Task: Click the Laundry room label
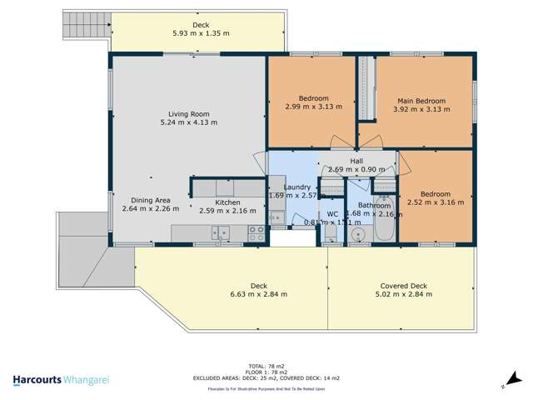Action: pos(296,187)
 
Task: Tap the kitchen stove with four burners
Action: pos(257,232)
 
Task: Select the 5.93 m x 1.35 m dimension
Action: pos(201,34)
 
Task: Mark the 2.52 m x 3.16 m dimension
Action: pos(436,202)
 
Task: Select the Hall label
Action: pos(356,161)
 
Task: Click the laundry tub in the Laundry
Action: pos(276,218)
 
